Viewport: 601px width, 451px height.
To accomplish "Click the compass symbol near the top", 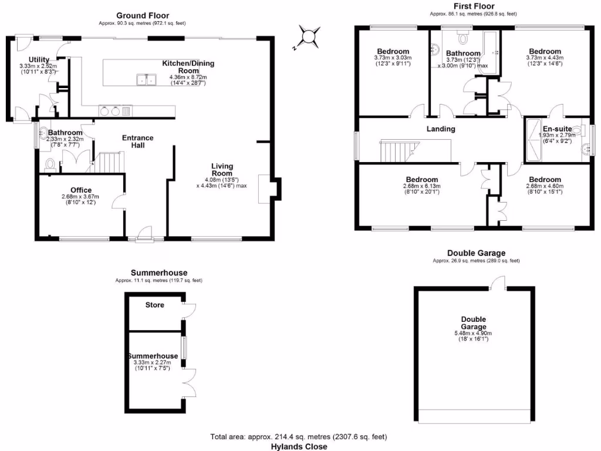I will [308, 36].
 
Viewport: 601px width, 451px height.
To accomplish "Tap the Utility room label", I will [38, 60].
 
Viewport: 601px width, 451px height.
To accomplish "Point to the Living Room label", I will [222, 170].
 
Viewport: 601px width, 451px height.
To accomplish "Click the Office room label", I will [81, 190].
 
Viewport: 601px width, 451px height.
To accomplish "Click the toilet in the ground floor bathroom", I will [50, 163].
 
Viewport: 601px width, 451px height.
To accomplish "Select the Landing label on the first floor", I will [441, 129].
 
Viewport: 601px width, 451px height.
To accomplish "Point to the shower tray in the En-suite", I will [534, 140].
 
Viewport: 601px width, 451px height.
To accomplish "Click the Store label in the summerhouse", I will [155, 305].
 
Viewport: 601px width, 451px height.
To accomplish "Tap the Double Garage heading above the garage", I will [476, 253].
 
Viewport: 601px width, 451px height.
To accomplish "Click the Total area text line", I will [299, 437].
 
